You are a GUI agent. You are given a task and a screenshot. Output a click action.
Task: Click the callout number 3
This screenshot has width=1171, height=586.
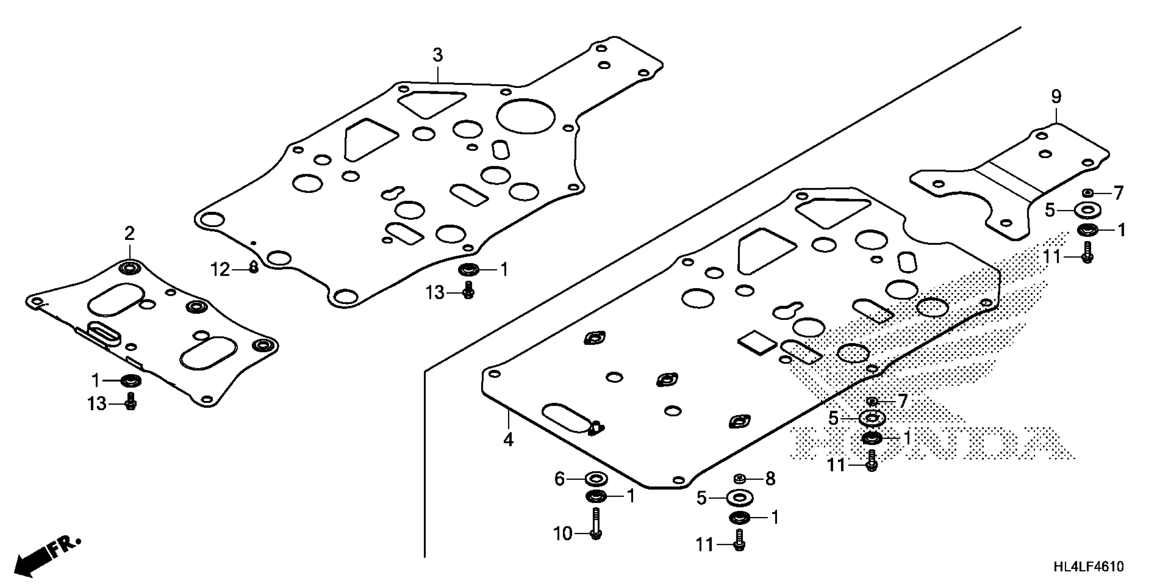[437, 55]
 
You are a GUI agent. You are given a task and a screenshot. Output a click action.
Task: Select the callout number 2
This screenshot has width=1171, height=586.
[129, 234]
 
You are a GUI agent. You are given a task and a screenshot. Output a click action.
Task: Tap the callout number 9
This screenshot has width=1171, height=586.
[1056, 97]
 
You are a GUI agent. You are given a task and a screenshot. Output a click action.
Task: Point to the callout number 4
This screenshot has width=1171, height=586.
[508, 440]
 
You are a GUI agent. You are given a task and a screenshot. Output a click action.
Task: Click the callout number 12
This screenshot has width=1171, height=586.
[220, 270]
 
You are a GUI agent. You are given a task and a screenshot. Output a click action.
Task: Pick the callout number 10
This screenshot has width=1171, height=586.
[563, 534]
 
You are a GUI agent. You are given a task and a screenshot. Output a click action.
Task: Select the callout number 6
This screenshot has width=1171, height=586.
[560, 479]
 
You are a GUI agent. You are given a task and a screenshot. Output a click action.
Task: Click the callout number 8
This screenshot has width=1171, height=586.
[770, 479]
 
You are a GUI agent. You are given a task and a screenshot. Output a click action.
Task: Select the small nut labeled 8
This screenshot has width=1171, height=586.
[739, 479]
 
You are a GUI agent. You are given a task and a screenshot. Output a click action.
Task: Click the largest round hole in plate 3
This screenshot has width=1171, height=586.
[526, 117]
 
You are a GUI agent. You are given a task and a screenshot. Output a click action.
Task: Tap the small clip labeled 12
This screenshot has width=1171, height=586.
[254, 269]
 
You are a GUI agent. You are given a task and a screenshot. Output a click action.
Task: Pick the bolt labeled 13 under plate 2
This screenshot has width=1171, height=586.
[131, 401]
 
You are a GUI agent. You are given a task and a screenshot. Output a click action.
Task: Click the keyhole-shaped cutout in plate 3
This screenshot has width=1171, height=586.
[392, 193]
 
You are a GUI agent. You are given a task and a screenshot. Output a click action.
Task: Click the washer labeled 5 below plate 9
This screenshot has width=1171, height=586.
[1087, 211]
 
